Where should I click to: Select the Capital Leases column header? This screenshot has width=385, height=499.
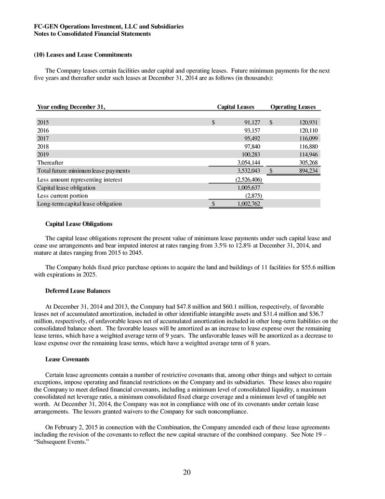[236, 107]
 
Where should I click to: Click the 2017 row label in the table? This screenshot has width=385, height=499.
[43, 138]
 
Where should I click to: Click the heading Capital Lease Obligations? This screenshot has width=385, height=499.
[79, 224]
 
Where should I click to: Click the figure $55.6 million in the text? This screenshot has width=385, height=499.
[313, 267]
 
